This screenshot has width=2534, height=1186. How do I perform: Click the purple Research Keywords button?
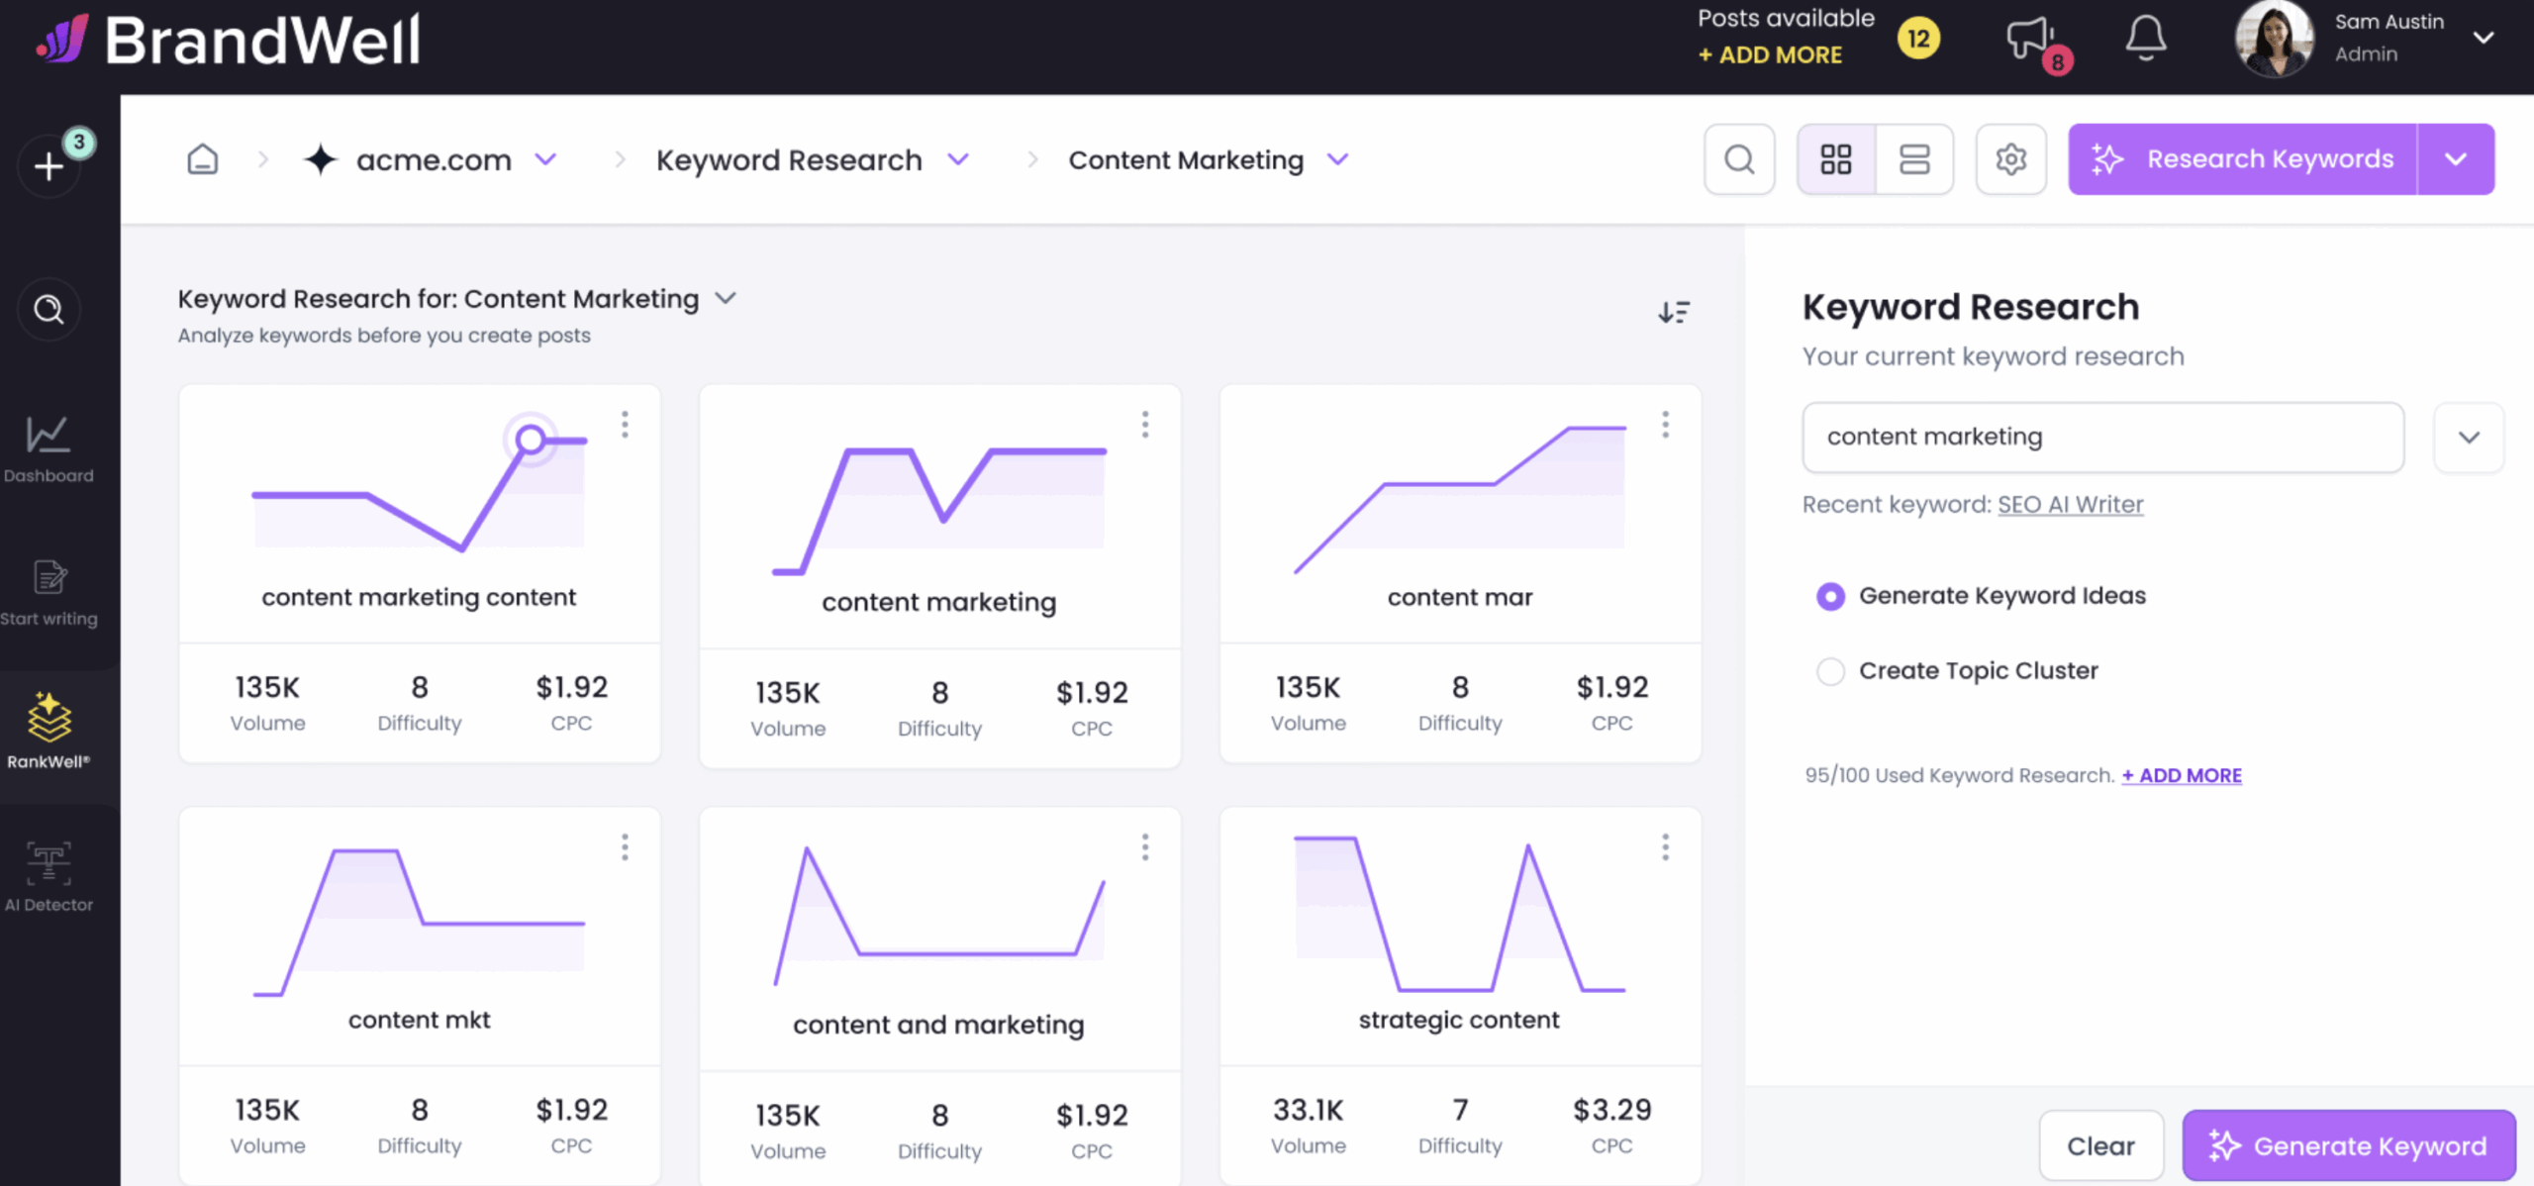[2242, 159]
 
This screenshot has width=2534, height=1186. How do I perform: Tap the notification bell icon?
[2145, 39]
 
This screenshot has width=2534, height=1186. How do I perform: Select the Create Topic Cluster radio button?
[1830, 671]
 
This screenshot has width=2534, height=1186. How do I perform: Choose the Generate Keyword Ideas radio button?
[1830, 596]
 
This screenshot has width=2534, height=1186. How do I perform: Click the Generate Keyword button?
[2348, 1145]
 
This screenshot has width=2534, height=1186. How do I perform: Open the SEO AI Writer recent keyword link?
[2070, 505]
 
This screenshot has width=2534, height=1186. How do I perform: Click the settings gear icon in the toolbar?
[2010, 159]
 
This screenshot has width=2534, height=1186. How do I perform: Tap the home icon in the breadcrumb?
[202, 159]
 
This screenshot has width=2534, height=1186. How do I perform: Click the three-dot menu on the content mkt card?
[625, 847]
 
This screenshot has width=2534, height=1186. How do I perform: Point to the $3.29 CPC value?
[1611, 1110]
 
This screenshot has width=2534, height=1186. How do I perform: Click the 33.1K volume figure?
[1308, 1110]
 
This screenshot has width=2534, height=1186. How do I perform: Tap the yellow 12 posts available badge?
[1918, 39]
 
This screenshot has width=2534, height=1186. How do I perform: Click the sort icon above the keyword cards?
[1674, 313]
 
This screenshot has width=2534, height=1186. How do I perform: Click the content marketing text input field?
[2102, 437]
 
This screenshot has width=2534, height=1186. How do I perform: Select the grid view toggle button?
[1836, 159]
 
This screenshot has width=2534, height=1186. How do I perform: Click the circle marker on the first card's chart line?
[531, 440]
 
